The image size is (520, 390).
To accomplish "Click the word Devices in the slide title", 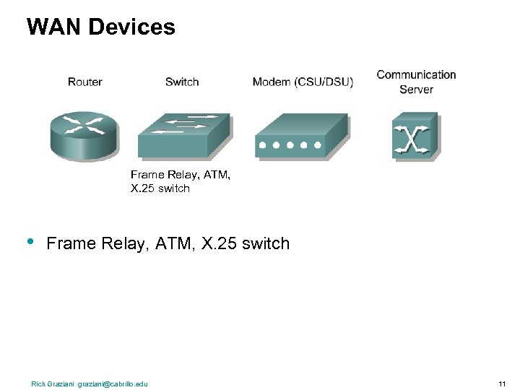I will pyautogui.click(x=131, y=27).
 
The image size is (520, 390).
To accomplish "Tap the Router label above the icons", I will pyautogui.click(x=84, y=82).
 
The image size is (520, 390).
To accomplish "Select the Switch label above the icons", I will pyautogui.click(x=182, y=82).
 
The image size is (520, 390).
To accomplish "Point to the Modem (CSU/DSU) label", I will pyautogui.click(x=303, y=82).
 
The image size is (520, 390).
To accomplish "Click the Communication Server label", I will pyautogui.click(x=416, y=82).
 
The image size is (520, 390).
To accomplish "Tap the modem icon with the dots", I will pyautogui.click(x=301, y=136).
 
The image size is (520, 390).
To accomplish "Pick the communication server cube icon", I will pyautogui.click(x=415, y=135).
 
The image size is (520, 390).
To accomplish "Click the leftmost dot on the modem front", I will pyautogui.click(x=263, y=145).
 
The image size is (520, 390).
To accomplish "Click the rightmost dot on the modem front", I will pyautogui.click(x=316, y=145).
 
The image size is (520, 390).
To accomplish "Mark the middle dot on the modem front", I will pyautogui.click(x=289, y=145).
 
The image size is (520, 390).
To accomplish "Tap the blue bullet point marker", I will pyautogui.click(x=31, y=242).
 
